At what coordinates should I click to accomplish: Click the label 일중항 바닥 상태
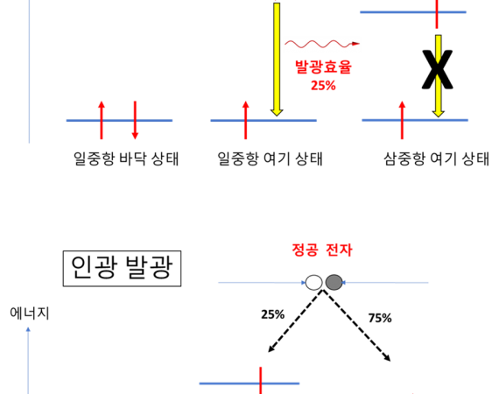(126, 158)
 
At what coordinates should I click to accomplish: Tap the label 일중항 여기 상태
(270, 158)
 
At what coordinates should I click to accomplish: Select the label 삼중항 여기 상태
(436, 158)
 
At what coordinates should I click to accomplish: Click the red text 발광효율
(323, 67)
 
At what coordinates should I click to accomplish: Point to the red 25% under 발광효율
(323, 85)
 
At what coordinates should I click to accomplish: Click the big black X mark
(437, 69)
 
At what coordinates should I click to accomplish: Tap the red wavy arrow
(322, 44)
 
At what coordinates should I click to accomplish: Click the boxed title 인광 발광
(123, 268)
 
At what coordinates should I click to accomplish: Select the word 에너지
(30, 313)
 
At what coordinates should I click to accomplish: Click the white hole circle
(313, 282)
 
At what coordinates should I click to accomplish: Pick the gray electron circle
(334, 282)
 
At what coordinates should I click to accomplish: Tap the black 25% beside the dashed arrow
(273, 314)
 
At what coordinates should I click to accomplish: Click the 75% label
(380, 318)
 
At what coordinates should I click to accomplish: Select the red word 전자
(340, 250)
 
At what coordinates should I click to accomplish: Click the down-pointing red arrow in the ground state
(135, 120)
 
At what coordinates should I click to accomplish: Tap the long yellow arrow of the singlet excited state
(277, 60)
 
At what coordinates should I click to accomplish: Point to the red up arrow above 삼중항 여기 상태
(402, 120)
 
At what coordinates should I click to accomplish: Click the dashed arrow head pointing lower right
(387, 358)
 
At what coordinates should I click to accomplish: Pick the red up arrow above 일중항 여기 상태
(245, 120)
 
